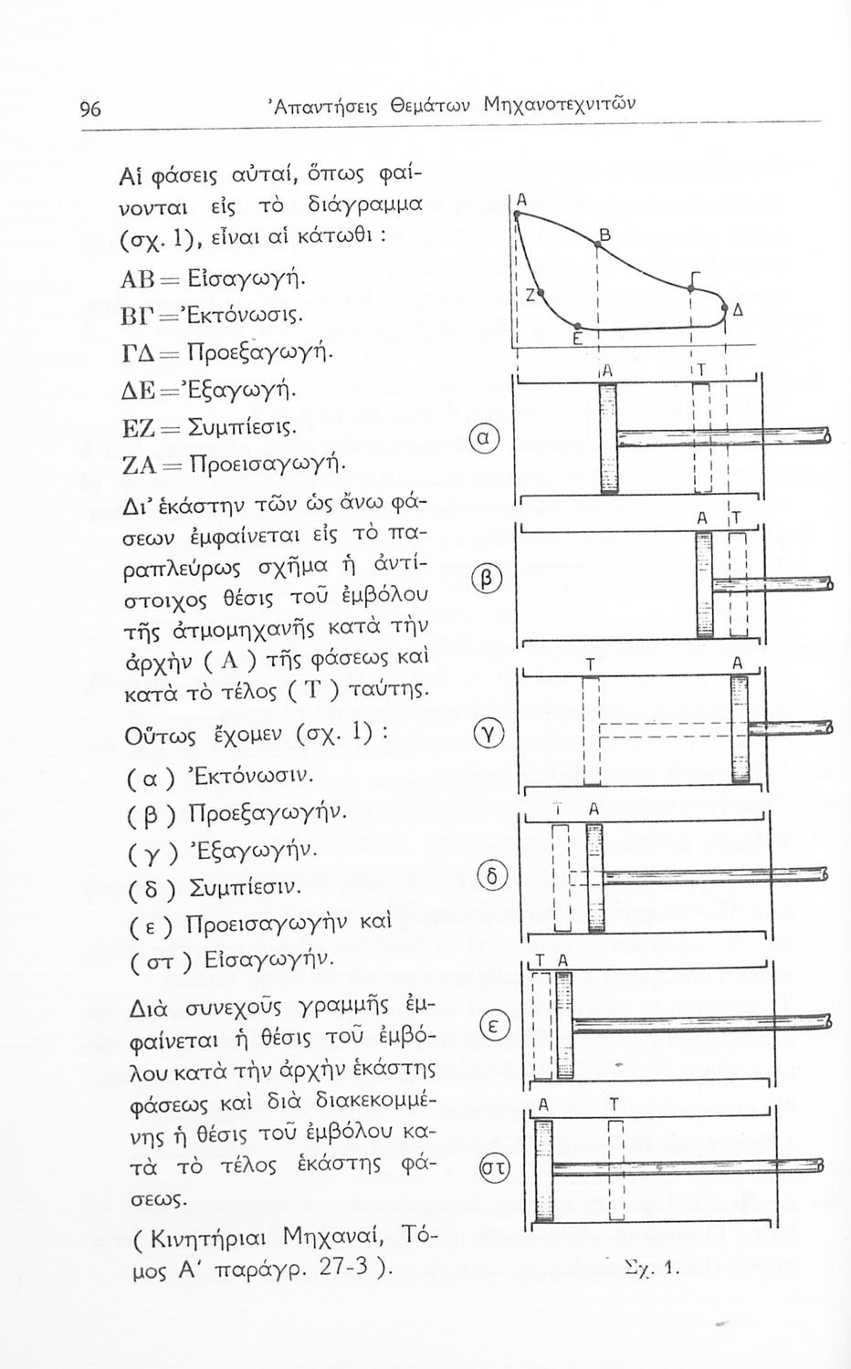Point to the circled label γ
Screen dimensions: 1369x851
coord(484,733)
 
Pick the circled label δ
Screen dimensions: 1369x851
coord(491,877)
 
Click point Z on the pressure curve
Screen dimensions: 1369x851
coord(539,293)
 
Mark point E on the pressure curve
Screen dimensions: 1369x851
coord(577,326)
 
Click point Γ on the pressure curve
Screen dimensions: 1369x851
coord(691,288)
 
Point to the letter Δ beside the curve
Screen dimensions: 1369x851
coord(736,310)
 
